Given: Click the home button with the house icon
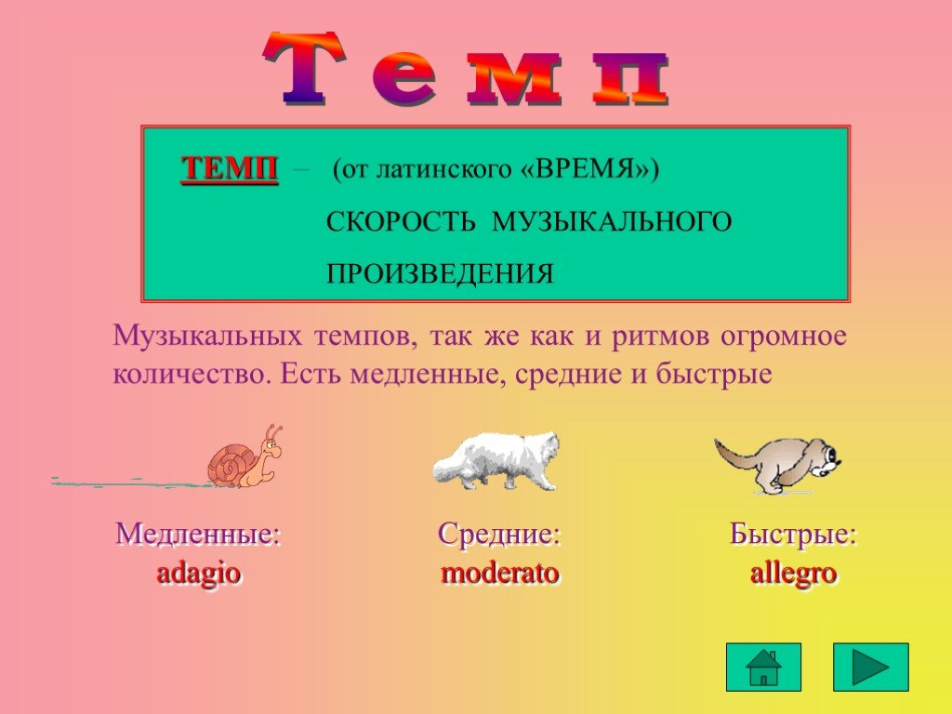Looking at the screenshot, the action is click(x=763, y=667).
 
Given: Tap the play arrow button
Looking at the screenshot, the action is click(x=870, y=667).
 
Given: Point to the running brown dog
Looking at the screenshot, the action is click(x=778, y=464).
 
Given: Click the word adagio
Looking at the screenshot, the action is click(x=199, y=573).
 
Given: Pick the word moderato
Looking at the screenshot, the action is click(x=499, y=573).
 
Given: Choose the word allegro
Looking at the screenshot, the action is click(x=794, y=573).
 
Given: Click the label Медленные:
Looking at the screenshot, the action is click(x=199, y=535).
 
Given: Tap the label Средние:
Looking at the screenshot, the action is click(x=499, y=535).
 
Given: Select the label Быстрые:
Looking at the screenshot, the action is click(x=793, y=535).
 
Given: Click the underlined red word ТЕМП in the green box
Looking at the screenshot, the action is click(x=230, y=168).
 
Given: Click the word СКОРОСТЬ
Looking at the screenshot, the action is click(x=401, y=221).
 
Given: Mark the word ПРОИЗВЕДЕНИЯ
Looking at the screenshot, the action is click(x=440, y=274).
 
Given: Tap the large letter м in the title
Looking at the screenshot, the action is click(x=513, y=79).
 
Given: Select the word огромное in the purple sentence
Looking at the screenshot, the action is click(x=783, y=336).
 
